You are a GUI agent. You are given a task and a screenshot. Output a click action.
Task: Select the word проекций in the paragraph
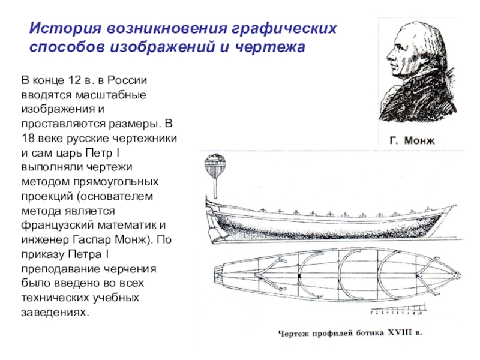pyautogui.click(x=46, y=196)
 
